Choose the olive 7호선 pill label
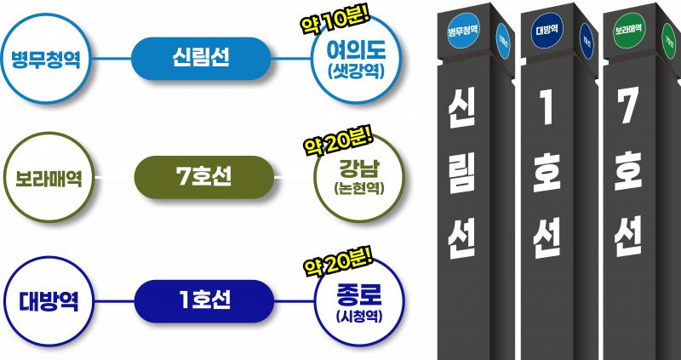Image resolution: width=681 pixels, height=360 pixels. click(203, 177)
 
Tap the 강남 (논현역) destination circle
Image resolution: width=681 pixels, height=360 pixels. click(358, 178)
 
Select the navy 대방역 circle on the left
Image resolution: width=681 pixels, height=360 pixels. click(49, 301)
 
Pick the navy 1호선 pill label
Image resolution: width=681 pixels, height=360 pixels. click(204, 300)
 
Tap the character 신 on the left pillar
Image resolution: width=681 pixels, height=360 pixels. click(463, 111)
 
